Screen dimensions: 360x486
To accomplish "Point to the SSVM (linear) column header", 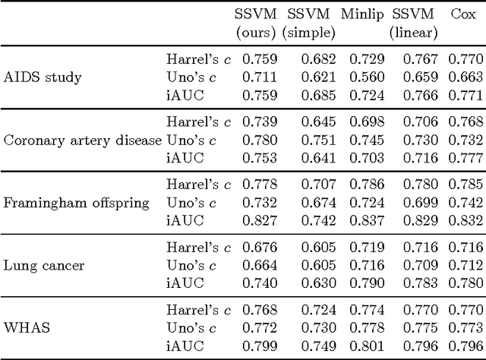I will click(413, 24).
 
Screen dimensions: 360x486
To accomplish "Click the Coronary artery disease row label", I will click(83, 140).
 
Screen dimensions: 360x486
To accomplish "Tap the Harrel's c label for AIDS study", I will click(197, 58).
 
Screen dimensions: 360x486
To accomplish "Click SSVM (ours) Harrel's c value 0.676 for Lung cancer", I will click(260, 248).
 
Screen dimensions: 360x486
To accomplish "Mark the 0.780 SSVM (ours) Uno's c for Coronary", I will click(260, 140).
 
